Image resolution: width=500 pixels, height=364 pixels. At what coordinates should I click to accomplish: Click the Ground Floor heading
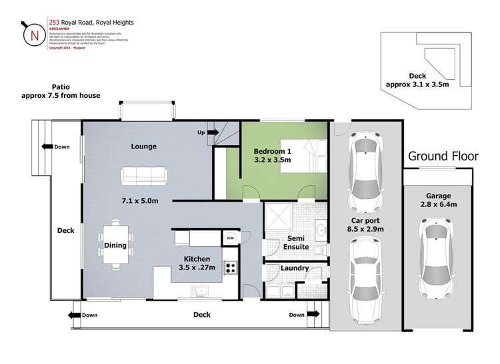point(443,156)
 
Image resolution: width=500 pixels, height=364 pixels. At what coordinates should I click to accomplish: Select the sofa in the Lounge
point(144,176)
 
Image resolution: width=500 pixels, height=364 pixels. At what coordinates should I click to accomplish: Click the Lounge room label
point(144,146)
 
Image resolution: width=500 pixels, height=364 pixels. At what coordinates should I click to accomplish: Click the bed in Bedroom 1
point(304,156)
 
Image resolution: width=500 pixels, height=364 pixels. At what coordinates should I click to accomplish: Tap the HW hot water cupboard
point(230,238)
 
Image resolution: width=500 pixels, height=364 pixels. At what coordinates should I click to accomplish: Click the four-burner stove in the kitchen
point(231,268)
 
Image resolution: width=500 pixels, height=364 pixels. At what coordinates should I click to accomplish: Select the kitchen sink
point(199,290)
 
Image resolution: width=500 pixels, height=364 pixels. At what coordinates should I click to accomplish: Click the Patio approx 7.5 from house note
point(61,91)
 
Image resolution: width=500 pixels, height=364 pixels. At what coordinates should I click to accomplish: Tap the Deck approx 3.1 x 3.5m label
point(417,81)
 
